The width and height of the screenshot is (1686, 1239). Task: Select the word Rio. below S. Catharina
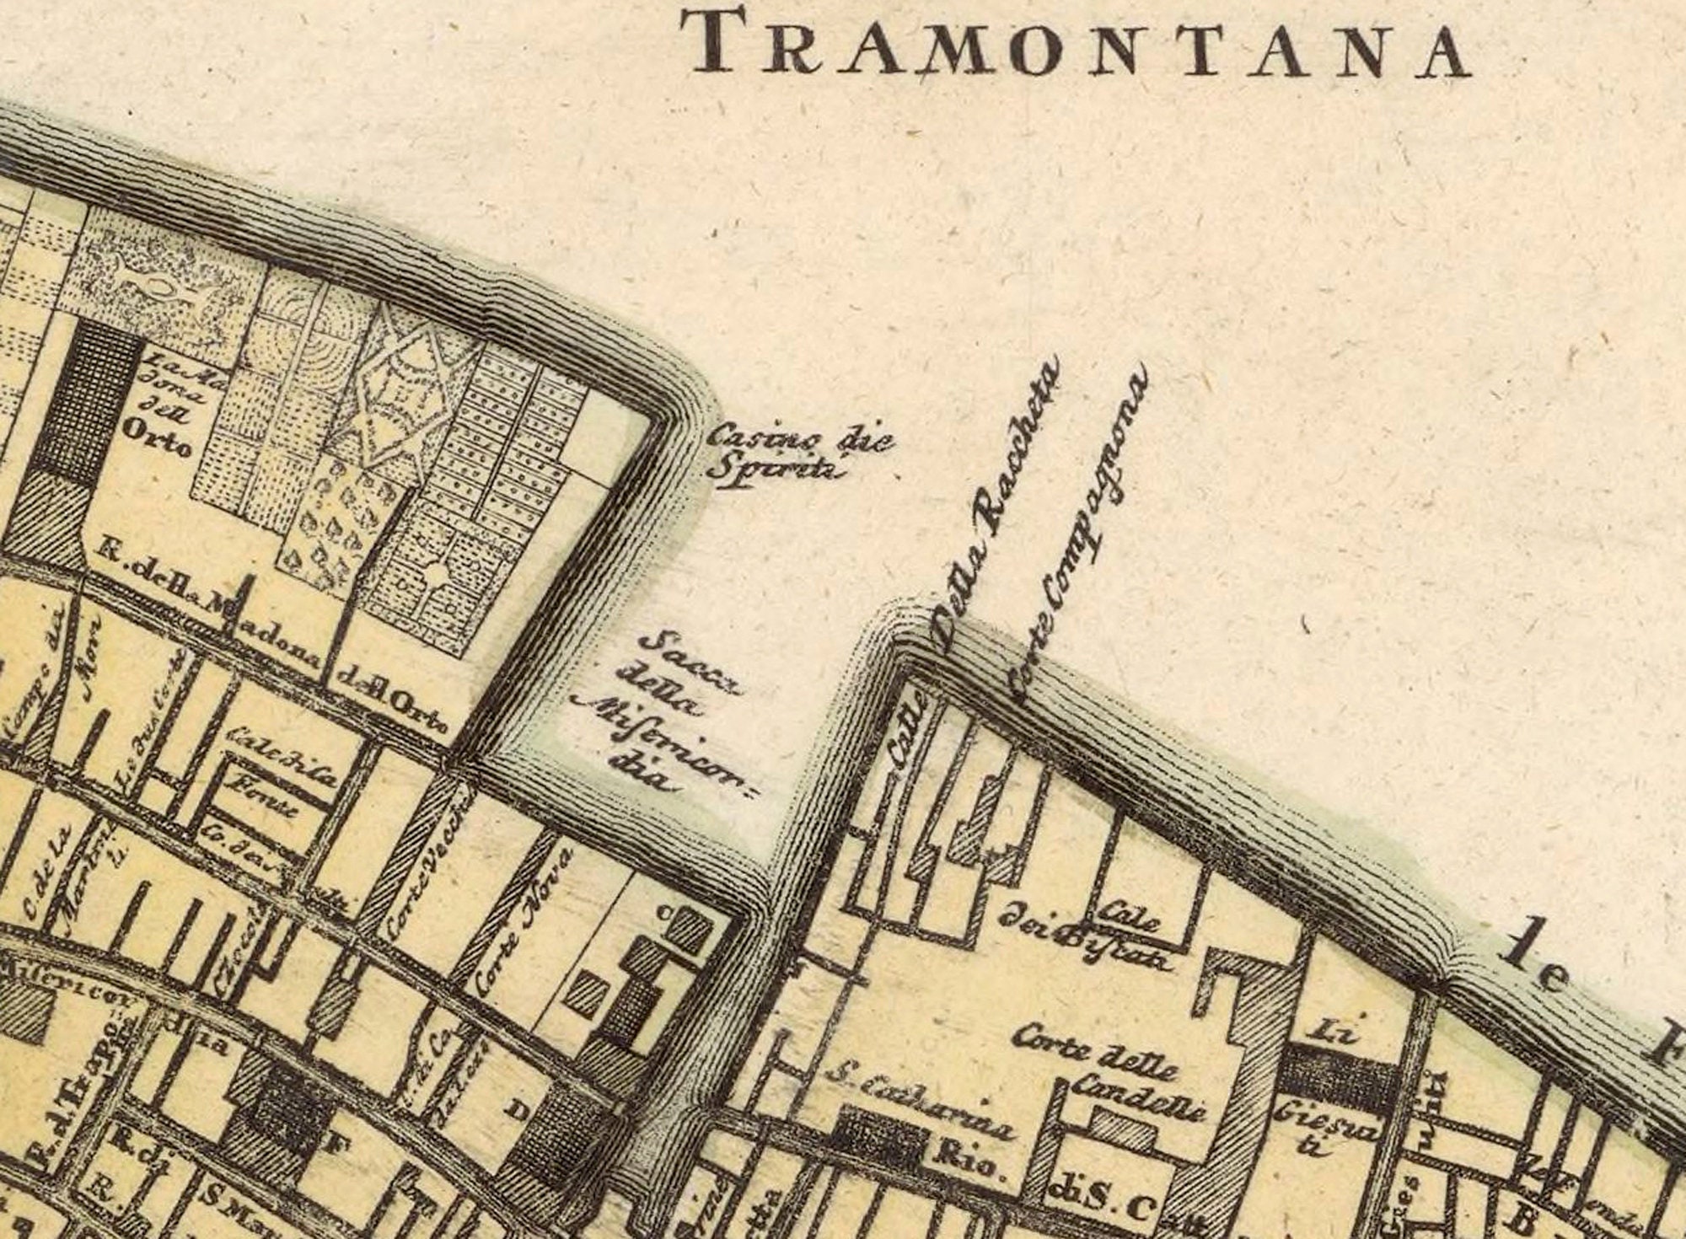[978, 1168]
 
